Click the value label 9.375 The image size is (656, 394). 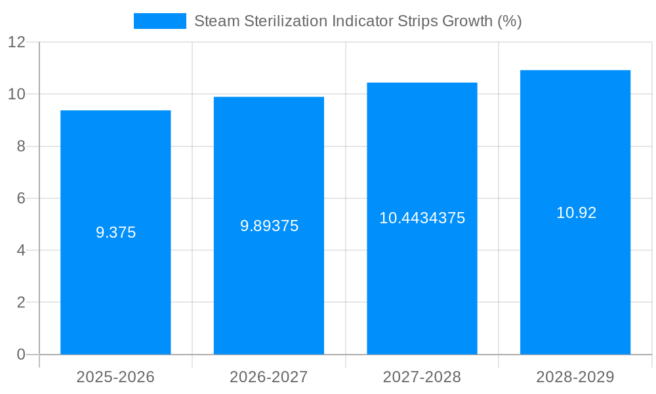pyautogui.click(x=115, y=232)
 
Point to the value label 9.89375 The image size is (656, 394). pyautogui.click(x=269, y=226)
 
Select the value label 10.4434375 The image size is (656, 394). pyautogui.click(x=422, y=218)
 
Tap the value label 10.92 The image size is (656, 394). pyautogui.click(x=576, y=213)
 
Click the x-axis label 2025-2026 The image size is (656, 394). pyautogui.click(x=115, y=377)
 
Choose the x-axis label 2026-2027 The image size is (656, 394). pyautogui.click(x=269, y=377)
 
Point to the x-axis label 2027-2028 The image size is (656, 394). pyautogui.click(x=422, y=377)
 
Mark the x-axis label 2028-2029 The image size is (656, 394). pyautogui.click(x=575, y=377)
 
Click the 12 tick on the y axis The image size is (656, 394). pyautogui.click(x=16, y=42)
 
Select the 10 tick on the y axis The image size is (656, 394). pyautogui.click(x=16, y=94)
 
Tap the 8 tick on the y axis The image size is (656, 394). pyautogui.click(x=20, y=146)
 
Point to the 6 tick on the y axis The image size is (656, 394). pyautogui.click(x=20, y=198)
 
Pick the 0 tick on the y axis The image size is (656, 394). pyautogui.click(x=20, y=355)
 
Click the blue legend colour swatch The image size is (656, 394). pyautogui.click(x=159, y=21)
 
